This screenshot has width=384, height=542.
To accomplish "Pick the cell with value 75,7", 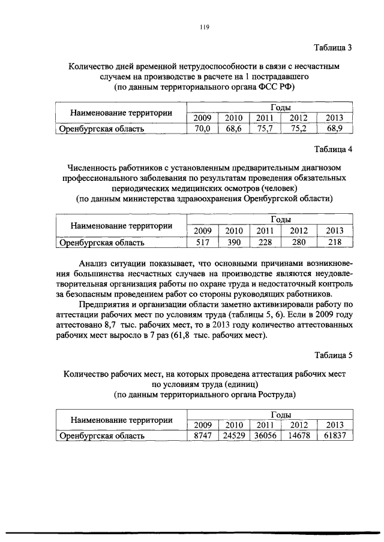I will click(x=265, y=128).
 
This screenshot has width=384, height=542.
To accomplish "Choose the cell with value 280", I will click(x=298, y=242).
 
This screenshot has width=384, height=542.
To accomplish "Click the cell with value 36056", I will click(x=265, y=436).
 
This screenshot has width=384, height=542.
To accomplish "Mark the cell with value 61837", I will click(x=334, y=436).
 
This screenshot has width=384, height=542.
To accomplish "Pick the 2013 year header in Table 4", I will click(x=334, y=231).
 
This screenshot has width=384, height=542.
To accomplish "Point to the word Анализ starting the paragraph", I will click(x=94, y=263).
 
